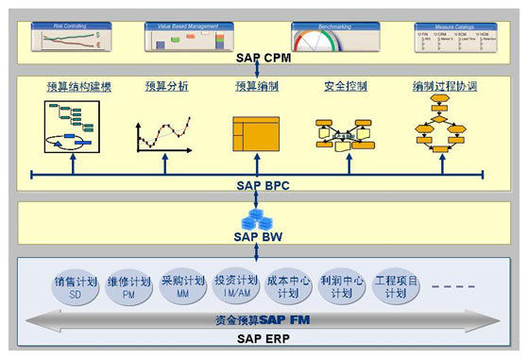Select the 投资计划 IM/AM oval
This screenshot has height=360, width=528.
[235, 288]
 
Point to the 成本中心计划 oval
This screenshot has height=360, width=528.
[289, 288]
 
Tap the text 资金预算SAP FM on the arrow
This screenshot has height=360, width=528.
[262, 319]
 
